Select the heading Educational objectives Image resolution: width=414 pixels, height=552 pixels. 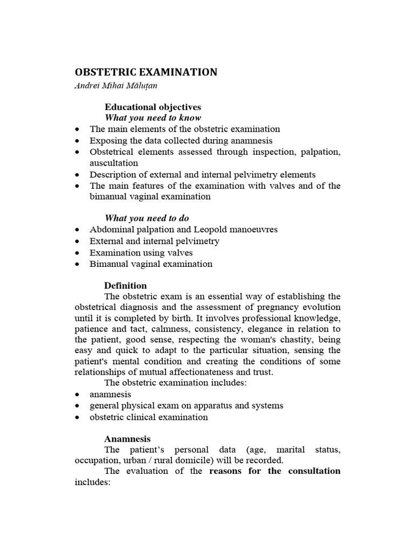pos(153,107)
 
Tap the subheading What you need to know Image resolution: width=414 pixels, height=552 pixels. pos(153,118)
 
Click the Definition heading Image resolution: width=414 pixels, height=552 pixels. pos(126,285)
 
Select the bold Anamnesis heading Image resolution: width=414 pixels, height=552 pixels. pos(128,439)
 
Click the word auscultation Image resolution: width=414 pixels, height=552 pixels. pos(114,163)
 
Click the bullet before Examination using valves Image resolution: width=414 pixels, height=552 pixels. pos(79,253)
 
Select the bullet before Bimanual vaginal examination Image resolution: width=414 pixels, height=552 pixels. pos(79,264)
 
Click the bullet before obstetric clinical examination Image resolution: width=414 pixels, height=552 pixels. pos(79,417)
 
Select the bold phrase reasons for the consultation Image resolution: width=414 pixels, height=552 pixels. pos(275,471)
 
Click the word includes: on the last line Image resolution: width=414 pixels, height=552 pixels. pos(92,482)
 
